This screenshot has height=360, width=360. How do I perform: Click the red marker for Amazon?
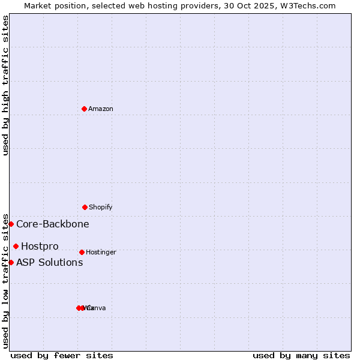(85, 109)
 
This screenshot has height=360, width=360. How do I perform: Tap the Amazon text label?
(101, 109)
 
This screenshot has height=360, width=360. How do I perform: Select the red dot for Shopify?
(85, 207)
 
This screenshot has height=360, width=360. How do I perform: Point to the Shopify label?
(101, 207)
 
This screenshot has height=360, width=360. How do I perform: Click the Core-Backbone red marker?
(11, 224)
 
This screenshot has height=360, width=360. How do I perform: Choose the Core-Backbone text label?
(53, 224)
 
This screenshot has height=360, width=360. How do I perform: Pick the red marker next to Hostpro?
(16, 246)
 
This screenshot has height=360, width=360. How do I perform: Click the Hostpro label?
(40, 247)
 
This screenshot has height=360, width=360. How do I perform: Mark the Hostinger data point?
(82, 252)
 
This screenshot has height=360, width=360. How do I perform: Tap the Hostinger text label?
(101, 252)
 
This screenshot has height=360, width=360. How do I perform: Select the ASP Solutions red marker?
(11, 262)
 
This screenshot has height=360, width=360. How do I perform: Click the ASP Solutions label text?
(49, 262)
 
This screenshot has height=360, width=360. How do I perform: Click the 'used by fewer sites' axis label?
(62, 355)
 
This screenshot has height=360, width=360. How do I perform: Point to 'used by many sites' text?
(301, 355)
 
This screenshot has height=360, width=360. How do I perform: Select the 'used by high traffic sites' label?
(5, 85)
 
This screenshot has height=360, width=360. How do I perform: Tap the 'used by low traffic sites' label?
(5, 281)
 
